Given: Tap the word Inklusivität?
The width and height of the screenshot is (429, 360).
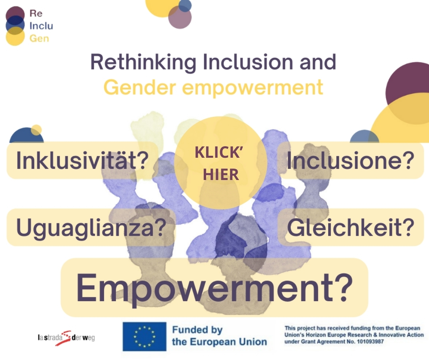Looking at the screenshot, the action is pyautogui.click(x=82, y=161).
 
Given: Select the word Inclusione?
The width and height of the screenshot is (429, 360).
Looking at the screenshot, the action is pyautogui.click(x=350, y=161).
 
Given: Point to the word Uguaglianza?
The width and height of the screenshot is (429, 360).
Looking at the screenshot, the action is pyautogui.click(x=91, y=228).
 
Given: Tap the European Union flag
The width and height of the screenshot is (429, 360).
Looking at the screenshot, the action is pyautogui.click(x=145, y=337).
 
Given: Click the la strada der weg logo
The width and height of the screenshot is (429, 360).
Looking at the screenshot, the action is pyautogui.click(x=66, y=338).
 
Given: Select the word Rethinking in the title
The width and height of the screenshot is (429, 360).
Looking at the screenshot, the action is pyautogui.click(x=143, y=62).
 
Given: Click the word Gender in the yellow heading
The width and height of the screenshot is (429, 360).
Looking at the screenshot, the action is pyautogui.click(x=139, y=87).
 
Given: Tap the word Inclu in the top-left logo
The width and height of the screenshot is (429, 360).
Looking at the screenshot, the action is pyautogui.click(x=41, y=26).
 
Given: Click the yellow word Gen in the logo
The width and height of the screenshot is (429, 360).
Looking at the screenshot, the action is pyautogui.click(x=39, y=38).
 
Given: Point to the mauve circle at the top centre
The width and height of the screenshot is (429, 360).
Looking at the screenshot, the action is pyautogui.click(x=180, y=17).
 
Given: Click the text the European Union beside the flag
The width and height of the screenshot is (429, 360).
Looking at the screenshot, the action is pyautogui.click(x=219, y=342).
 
